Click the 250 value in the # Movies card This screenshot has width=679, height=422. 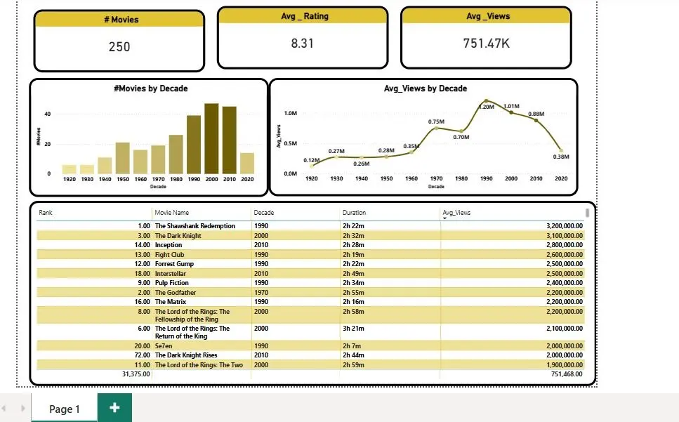119,47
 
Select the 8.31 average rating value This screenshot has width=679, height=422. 302,43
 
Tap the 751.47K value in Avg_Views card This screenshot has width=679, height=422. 487,43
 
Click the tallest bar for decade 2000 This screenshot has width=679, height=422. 211,138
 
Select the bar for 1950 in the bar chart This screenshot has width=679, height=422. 122,158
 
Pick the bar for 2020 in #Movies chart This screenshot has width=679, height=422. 247,163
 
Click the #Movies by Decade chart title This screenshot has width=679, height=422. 150,88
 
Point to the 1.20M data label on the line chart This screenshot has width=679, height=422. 486,107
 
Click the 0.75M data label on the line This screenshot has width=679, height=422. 436,121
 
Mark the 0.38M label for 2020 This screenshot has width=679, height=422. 560,157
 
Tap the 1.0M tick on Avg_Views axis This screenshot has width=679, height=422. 290,113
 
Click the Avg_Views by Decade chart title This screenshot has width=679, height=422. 425,88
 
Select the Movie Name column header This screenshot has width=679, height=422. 171,213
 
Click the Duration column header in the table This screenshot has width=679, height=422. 354,213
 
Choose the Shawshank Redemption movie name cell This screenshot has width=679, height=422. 195,226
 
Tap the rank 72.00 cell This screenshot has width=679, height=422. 141,355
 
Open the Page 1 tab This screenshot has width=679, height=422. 64,409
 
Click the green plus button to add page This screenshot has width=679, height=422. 114,408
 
